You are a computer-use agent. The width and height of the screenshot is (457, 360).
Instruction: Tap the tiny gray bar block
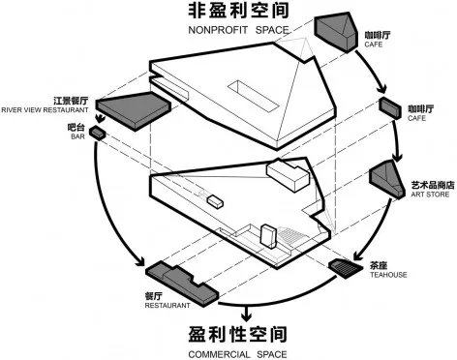[x=97, y=131]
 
